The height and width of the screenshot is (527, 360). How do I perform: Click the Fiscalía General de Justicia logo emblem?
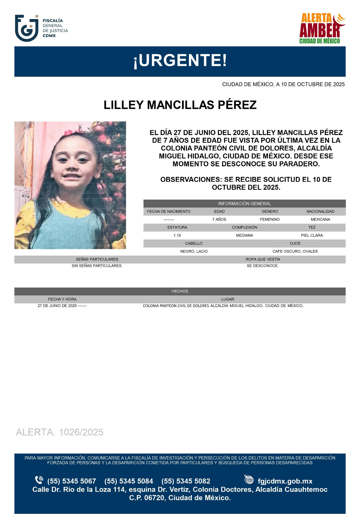pos(27,28)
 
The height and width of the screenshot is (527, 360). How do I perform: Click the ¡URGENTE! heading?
pos(180,61)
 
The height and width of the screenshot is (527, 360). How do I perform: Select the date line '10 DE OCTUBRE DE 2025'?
pos(283,84)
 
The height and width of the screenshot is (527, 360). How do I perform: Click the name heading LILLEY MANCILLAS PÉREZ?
pos(180,105)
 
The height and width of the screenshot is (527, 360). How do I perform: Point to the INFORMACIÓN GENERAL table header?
pos(244,204)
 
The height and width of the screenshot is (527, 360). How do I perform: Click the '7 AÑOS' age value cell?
pos(219,219)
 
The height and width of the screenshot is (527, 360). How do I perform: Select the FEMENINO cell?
pos(270,219)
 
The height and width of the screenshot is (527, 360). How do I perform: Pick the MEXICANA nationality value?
pos(320,219)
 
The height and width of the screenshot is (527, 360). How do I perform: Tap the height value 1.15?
pos(177,236)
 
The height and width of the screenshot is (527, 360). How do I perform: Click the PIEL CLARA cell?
pos(312,236)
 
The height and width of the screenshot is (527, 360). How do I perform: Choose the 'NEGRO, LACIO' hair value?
pos(194,251)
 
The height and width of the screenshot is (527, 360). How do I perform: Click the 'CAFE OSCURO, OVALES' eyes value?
pos(295,251)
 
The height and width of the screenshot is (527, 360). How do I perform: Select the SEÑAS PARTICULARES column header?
pos(97,259)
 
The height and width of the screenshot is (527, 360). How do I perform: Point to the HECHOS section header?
pos(180,291)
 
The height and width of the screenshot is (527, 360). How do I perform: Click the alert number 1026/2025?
pos(60,432)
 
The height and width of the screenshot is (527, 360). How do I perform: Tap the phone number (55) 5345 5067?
pos(71,481)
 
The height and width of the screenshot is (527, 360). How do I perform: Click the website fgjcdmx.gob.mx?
pos(285,481)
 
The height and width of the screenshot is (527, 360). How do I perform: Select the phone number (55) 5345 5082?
pos(186,481)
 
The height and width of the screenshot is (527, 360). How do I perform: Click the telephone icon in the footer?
pos(39,480)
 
